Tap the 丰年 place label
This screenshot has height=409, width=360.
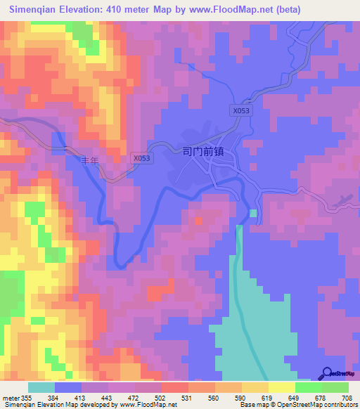(x=91, y=161)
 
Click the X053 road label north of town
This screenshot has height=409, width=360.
(x=241, y=111)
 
